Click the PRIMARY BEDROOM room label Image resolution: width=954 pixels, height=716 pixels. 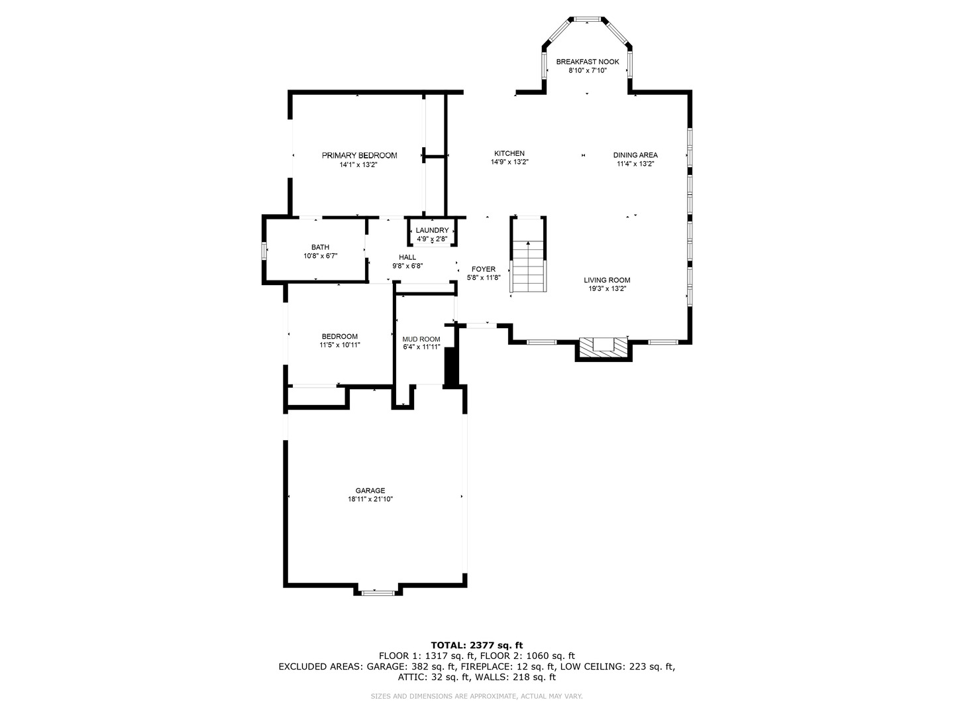pos(359,155)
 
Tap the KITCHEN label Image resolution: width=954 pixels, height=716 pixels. pos(509,153)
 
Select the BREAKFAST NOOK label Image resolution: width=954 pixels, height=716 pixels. pos(587,62)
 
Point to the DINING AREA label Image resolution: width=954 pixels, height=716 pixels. pos(635,155)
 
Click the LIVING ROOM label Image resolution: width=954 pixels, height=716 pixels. pos(606,280)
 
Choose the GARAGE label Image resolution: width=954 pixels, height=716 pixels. pos(370,491)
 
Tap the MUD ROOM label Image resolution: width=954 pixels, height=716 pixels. pos(421,339)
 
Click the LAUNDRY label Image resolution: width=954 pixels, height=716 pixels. pos(432,230)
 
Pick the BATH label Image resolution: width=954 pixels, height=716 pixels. pos(320,247)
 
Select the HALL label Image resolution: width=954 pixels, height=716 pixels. pos(407,257)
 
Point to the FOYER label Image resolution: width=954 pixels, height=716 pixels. pos(483,269)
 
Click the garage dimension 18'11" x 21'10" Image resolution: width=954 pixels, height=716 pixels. pos(370,499)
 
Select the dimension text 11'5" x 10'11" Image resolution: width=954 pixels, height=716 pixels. pos(339,345)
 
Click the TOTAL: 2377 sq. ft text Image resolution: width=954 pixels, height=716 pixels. pos(476,644)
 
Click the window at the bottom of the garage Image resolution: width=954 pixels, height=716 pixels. pos(378,592)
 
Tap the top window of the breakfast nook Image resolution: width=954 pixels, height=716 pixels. pos(586,19)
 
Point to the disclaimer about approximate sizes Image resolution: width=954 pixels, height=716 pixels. pos(476,696)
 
